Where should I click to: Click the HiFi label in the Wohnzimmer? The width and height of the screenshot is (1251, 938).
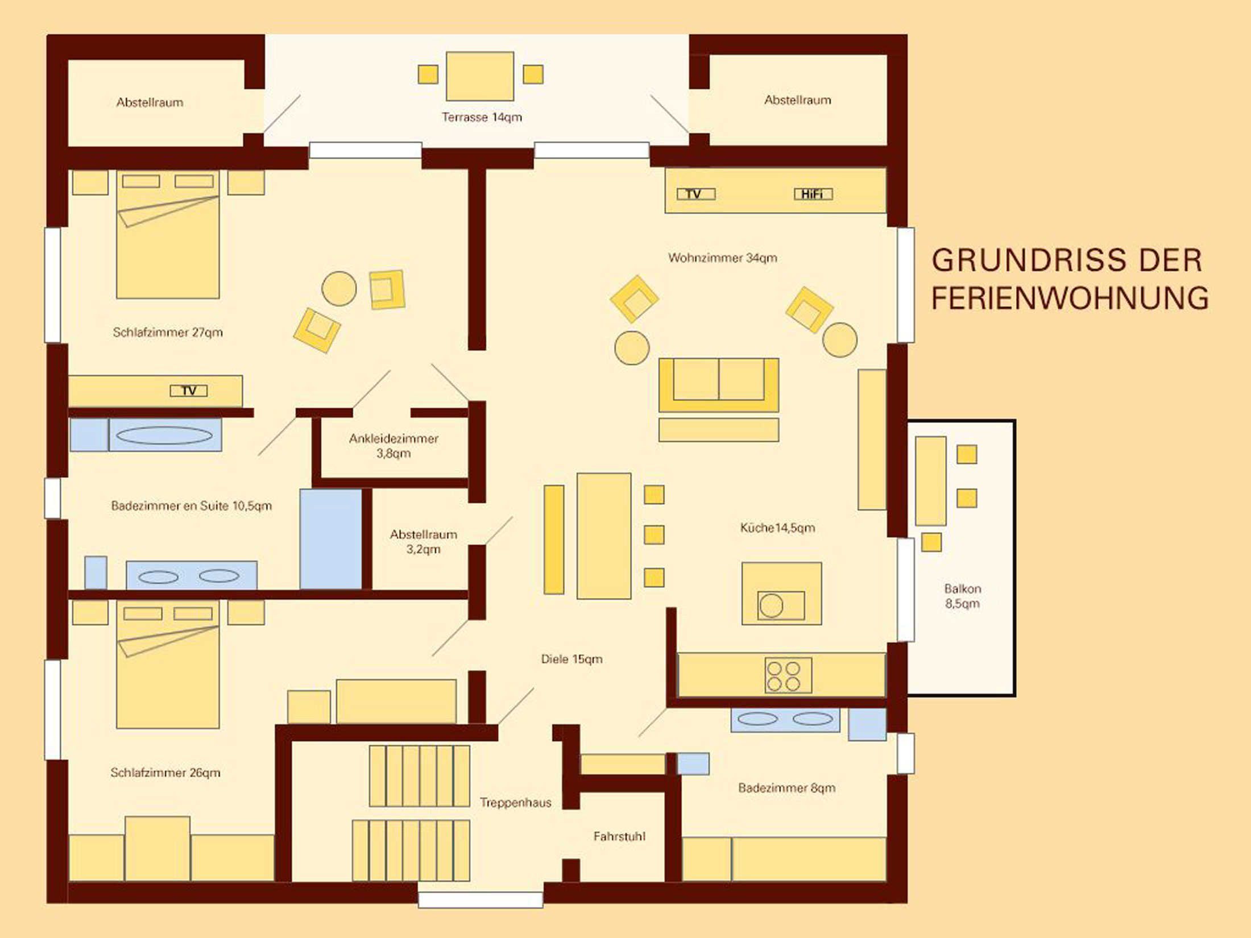813,194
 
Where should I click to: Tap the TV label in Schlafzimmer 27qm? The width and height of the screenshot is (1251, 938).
189,391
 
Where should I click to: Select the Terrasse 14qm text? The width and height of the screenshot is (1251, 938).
482,117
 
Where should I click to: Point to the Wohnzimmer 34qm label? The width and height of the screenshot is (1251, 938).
722,258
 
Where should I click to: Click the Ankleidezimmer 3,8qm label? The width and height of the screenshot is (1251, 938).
393,446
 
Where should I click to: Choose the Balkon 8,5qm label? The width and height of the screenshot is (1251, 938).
963,596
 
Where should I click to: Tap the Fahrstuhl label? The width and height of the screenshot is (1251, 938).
619,836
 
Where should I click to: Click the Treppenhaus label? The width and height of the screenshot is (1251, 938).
515,802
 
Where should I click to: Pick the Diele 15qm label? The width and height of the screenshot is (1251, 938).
571,659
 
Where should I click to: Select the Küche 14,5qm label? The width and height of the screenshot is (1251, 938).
777,528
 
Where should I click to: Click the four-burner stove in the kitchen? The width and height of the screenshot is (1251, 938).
788,675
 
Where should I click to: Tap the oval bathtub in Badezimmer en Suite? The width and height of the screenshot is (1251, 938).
164,435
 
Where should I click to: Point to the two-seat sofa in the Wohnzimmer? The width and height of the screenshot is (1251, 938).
719,385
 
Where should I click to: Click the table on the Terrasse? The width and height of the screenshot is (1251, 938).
480,76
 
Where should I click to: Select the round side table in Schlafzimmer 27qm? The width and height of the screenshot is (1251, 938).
339,289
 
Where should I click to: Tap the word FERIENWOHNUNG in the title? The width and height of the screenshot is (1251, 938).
1070,298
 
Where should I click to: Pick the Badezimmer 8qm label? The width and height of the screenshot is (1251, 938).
787,788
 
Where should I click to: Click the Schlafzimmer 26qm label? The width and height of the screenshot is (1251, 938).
165,773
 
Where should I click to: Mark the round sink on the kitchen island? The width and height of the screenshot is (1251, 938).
771,605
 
